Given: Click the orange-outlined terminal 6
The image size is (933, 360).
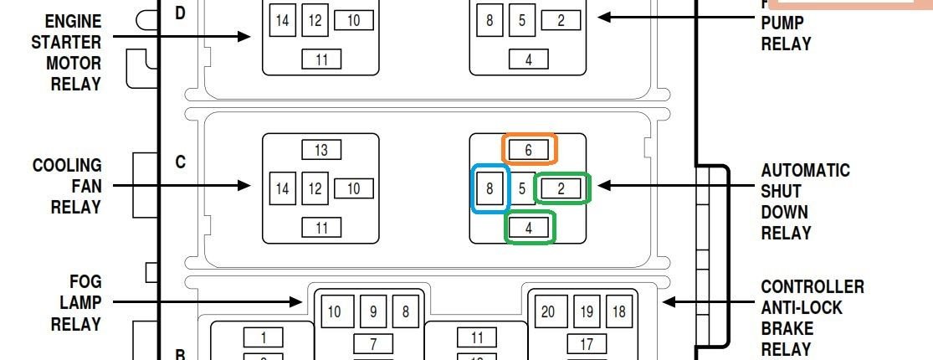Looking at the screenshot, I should click(529, 149).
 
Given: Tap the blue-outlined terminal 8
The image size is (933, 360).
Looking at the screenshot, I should click(490, 188).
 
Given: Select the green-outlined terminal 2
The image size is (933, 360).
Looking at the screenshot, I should click(561, 188).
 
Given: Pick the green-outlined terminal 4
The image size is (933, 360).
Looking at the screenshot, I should click(529, 227).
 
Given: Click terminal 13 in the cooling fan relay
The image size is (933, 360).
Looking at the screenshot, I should click(321, 150).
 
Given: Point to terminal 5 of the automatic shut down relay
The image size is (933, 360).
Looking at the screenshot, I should click(522, 188).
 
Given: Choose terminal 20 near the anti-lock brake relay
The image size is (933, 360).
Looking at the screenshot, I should click(548, 312).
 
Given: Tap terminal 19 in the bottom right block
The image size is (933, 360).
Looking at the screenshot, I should click(587, 312).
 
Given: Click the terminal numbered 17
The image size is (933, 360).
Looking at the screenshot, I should click(587, 343).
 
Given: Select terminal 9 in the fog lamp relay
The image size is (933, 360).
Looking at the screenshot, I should click(373, 312).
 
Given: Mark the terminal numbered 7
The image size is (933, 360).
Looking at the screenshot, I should click(373, 343).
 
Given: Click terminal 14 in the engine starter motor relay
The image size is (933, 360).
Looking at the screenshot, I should click(283, 21).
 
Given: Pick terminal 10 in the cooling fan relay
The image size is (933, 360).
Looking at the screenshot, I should click(353, 188).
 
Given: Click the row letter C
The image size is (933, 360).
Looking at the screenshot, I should click(181, 162).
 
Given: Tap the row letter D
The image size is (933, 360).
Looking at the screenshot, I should click(181, 13).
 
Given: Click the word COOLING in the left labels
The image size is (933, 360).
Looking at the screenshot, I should click(67, 166).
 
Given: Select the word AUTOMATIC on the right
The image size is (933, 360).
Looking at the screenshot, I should click(805, 171).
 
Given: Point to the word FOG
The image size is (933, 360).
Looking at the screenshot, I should click(86, 282).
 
